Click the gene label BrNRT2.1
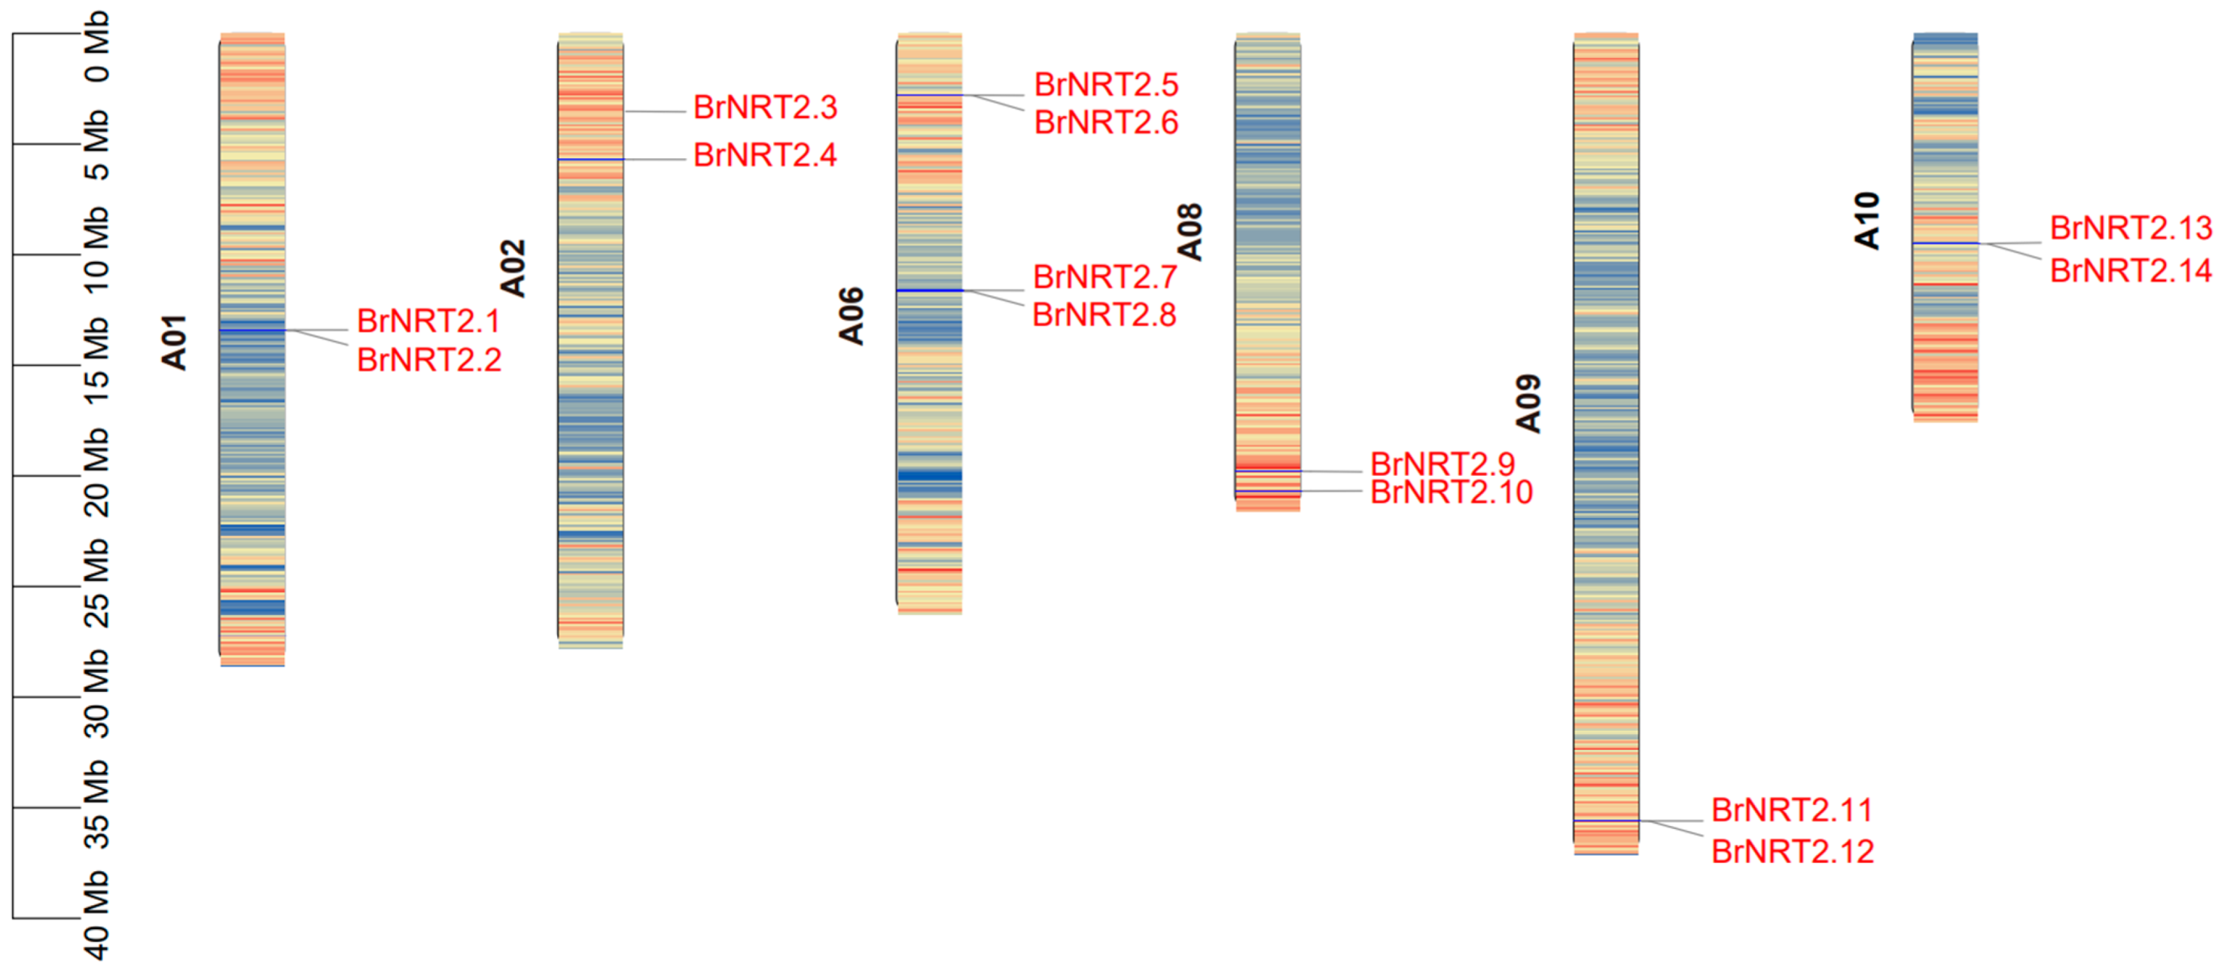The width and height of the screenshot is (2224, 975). pos(428,321)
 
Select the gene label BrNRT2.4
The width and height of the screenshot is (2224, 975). pos(765,155)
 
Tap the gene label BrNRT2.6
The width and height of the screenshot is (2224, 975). pos(1106,123)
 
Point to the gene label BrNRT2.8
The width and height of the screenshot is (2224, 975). pos(1104,315)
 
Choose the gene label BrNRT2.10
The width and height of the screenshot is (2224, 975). pos(1452,492)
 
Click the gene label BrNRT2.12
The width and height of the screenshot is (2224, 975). pos(1793,852)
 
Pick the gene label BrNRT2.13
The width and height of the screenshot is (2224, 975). pos(2131,229)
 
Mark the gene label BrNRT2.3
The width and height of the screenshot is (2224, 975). pos(765,108)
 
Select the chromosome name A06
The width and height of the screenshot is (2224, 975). pos(852,316)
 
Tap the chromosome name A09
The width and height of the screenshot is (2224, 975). pos(1528,404)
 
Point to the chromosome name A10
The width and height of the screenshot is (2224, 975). pos(1866,221)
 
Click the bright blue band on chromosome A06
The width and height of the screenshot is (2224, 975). pos(929,475)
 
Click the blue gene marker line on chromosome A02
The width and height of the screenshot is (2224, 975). pos(590,160)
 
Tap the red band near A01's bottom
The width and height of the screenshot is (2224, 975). pos(252,591)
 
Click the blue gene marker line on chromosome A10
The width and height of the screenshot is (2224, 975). pos(1945,243)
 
